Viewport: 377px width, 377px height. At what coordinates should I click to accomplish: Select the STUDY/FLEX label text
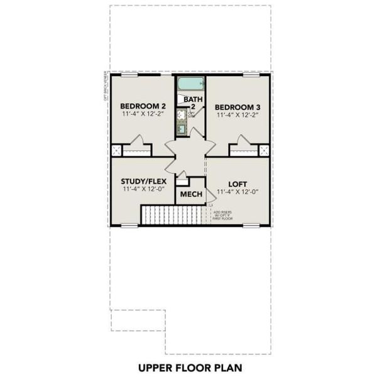click(143, 182)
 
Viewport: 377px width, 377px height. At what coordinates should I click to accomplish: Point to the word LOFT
click(238, 182)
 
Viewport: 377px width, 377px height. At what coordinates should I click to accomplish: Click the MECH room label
click(191, 194)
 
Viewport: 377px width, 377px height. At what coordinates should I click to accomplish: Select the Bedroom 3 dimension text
click(238, 116)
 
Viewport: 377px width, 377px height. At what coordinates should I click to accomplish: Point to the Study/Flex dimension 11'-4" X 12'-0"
click(143, 190)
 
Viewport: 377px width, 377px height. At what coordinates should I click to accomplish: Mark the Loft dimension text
click(238, 191)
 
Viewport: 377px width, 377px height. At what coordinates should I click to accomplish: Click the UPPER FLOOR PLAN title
click(188, 366)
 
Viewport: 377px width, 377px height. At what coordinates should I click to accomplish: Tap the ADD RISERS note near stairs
click(222, 215)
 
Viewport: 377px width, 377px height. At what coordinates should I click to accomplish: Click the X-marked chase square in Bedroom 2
click(116, 150)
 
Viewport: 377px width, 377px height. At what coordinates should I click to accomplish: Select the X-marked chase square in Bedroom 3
click(264, 150)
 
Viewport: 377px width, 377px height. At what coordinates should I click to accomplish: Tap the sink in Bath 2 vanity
click(182, 115)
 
